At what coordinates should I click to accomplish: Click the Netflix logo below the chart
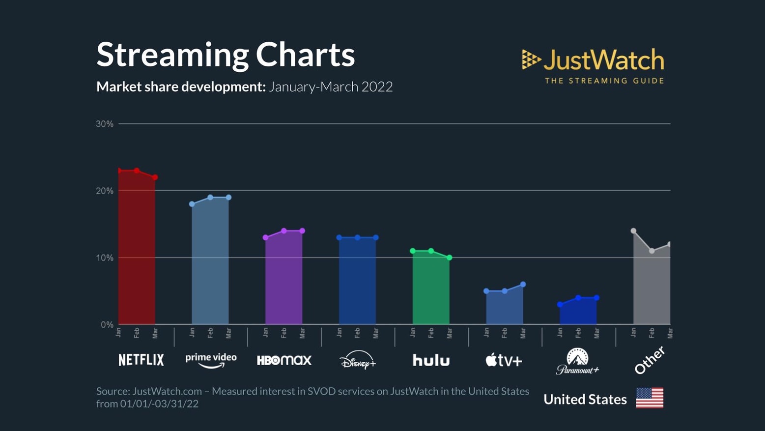(x=141, y=360)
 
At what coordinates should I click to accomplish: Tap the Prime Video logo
(x=211, y=360)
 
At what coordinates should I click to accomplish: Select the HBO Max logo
(x=284, y=360)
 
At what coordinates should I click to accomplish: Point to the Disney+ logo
(x=358, y=360)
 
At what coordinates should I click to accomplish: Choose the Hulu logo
(x=431, y=360)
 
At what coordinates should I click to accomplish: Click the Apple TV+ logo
(x=504, y=360)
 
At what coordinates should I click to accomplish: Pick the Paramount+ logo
(x=578, y=362)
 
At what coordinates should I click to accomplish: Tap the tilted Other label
(x=650, y=360)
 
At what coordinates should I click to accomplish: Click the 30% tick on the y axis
(x=105, y=124)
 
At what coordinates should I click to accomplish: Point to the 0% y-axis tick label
(x=107, y=325)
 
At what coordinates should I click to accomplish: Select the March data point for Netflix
(x=155, y=177)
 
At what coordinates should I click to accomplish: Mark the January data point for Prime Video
(x=192, y=204)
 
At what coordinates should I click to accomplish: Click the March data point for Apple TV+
(x=523, y=285)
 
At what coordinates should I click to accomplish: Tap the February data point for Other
(x=652, y=251)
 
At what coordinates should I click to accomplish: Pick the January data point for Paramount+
(x=560, y=305)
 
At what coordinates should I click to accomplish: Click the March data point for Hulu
(x=449, y=258)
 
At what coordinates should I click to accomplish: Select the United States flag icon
(x=650, y=398)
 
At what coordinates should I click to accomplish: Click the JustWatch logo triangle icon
(x=531, y=59)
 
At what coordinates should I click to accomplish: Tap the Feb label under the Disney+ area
(x=357, y=333)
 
